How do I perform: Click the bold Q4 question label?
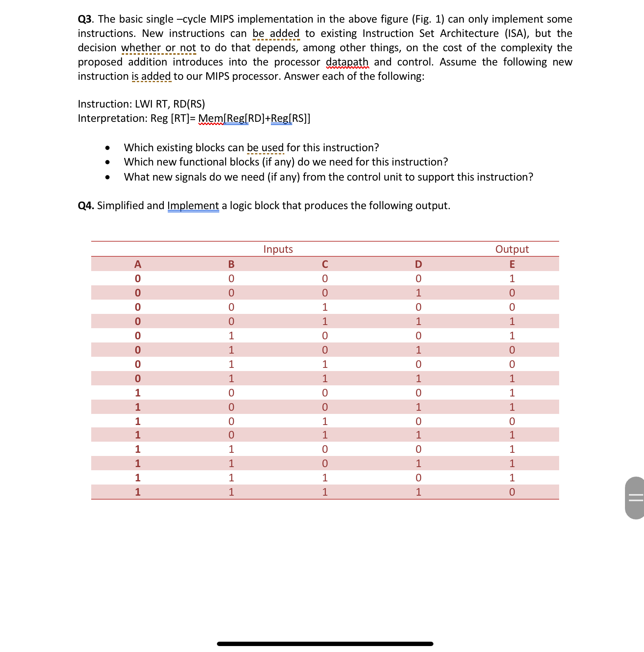tap(85, 206)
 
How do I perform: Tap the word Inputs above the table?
tap(278, 249)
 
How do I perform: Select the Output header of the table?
tap(512, 249)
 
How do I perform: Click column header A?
tap(138, 264)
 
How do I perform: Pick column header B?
tap(231, 264)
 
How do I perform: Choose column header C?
tap(325, 264)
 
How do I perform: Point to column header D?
tap(418, 264)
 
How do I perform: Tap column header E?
tap(512, 264)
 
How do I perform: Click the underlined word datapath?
tap(347, 62)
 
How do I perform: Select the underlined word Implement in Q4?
tap(193, 206)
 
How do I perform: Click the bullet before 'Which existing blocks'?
tap(107, 148)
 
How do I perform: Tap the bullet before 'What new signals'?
tap(107, 177)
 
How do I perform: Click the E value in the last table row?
tap(512, 492)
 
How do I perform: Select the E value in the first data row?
tap(512, 279)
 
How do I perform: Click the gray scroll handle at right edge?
tap(635, 498)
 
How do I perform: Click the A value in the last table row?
tap(138, 492)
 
